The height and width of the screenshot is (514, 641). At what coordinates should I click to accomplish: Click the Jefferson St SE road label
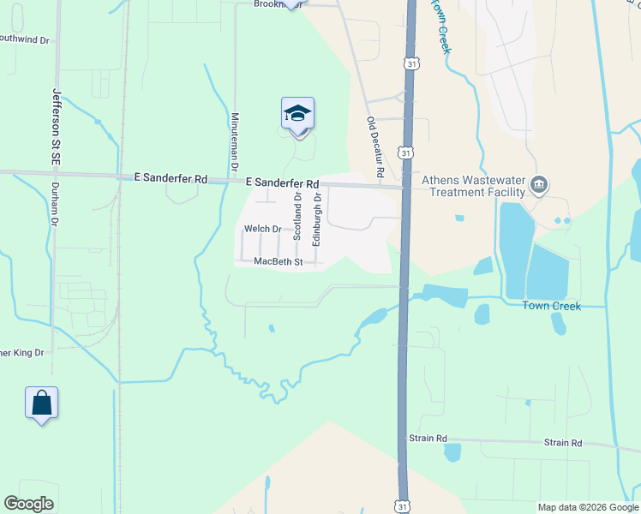pos(57,126)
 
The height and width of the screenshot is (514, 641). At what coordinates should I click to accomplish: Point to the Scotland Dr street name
pos(297,214)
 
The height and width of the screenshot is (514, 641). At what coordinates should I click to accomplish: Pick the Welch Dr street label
pos(262,229)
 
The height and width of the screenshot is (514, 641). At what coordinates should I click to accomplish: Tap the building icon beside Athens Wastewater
pos(540,183)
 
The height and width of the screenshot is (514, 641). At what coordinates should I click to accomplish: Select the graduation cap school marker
pos(297,114)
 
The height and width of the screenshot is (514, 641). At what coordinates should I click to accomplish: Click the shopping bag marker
pos(41,402)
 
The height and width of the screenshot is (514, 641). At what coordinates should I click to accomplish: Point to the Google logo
pos(28,504)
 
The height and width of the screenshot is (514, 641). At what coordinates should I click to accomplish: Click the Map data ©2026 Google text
pos(588,507)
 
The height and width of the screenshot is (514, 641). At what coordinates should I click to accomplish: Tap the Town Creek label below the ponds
pos(553,306)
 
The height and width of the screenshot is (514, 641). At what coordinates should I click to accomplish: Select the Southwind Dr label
pos(25,38)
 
